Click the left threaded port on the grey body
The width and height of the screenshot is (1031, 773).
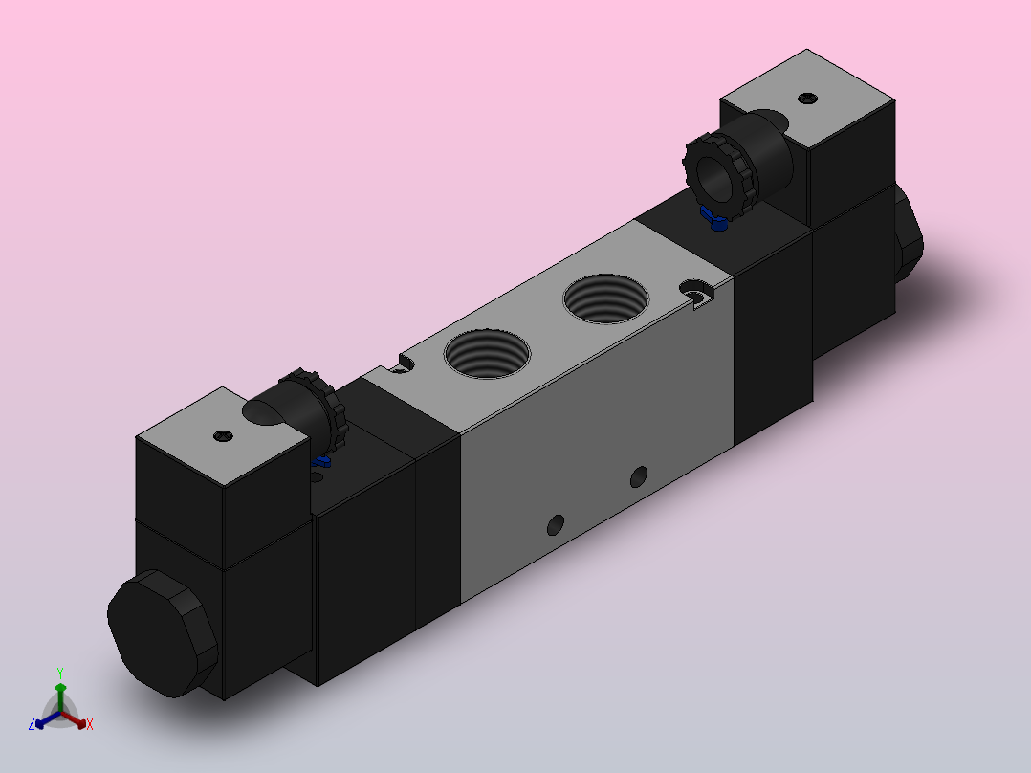click(x=487, y=354)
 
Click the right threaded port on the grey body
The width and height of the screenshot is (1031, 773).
click(x=606, y=298)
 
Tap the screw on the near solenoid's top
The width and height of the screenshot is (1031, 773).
click(x=224, y=435)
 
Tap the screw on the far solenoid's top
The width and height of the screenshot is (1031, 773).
click(x=807, y=99)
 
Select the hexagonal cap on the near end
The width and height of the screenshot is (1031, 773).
click(x=163, y=633)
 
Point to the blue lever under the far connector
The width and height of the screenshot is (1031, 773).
click(x=714, y=218)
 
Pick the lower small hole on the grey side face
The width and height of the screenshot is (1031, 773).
click(x=556, y=525)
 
